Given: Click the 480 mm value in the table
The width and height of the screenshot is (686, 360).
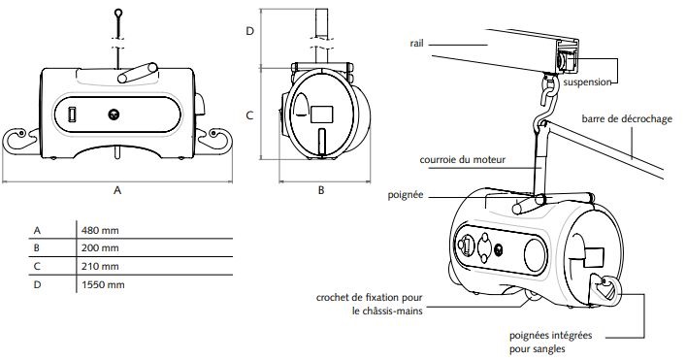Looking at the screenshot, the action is pyautogui.click(x=100, y=230).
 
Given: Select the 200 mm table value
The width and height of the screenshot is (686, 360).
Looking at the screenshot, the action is pyautogui.click(x=100, y=248).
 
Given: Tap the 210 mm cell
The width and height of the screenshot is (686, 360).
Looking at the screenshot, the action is pyautogui.click(x=100, y=266).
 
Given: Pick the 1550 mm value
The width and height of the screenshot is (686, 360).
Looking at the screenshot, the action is pyautogui.click(x=103, y=284).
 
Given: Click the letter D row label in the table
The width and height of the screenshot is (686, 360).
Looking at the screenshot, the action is pyautogui.click(x=37, y=284).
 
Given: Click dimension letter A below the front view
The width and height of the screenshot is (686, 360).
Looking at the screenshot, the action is pyautogui.click(x=116, y=190).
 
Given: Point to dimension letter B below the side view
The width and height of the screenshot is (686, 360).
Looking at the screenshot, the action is pyautogui.click(x=321, y=190).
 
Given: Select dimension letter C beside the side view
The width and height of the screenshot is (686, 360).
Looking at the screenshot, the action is pyautogui.click(x=249, y=115).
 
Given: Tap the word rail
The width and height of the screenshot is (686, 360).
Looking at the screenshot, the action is pyautogui.click(x=416, y=44).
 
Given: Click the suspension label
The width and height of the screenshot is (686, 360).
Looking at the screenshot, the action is pyautogui.click(x=587, y=82).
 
